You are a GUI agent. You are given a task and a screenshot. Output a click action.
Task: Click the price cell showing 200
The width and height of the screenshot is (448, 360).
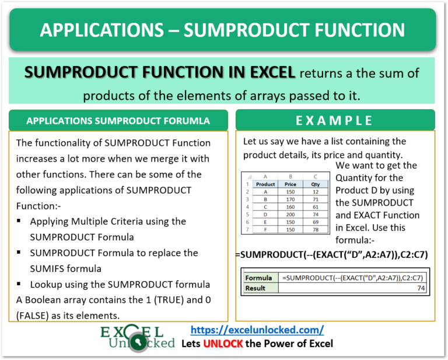tap(290, 214)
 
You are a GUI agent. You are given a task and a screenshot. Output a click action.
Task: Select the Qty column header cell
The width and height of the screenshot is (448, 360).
tap(316, 184)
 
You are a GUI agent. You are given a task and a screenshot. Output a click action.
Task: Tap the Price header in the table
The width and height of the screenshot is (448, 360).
tap(290, 184)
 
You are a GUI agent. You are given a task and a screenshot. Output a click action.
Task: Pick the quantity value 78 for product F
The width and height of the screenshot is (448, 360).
tap(316, 229)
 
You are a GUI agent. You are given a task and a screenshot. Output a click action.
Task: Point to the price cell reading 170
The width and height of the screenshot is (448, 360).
tap(290, 199)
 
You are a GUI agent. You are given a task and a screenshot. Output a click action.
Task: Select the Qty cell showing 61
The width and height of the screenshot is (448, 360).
tap(316, 207)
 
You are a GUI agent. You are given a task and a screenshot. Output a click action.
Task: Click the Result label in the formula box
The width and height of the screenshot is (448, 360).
tap(256, 288)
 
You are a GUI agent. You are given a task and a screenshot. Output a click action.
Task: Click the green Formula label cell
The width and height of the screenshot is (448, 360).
tap(258, 278)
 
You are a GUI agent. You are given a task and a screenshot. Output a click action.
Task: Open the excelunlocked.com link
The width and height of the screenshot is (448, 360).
tap(257, 329)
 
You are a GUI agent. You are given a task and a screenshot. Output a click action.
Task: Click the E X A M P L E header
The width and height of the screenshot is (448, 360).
tap(334, 120)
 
